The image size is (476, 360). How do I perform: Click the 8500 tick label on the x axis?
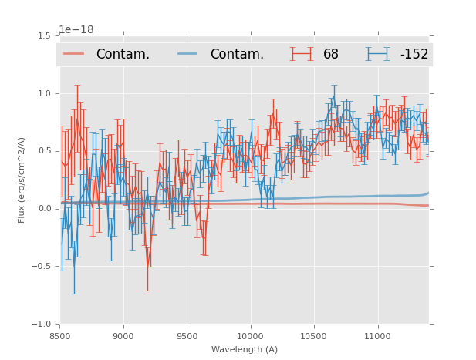coord(60,336)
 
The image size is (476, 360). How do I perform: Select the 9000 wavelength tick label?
coord(123,336)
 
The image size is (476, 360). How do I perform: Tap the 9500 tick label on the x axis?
coord(187,336)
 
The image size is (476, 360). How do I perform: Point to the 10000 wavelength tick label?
coord(250,336)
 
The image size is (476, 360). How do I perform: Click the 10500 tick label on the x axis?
coord(314,336)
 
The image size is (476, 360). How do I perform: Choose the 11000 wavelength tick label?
coord(377,336)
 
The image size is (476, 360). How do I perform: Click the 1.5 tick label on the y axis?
coord(45,35)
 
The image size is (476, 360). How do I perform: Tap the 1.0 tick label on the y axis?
coord(45,93)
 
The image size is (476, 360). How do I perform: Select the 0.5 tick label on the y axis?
coord(45,151)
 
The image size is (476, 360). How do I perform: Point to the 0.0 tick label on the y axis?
coord(45,209)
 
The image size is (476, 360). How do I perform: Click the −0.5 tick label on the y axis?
coord(42,267)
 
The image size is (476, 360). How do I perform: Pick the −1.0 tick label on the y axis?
coord(42,325)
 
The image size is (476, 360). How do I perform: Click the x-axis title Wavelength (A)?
coord(245,349)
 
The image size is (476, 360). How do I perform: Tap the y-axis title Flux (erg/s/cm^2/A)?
coord(22,180)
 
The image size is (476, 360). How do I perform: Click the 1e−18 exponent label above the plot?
coord(76,30)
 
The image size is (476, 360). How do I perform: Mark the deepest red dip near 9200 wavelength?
coord(148,267)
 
